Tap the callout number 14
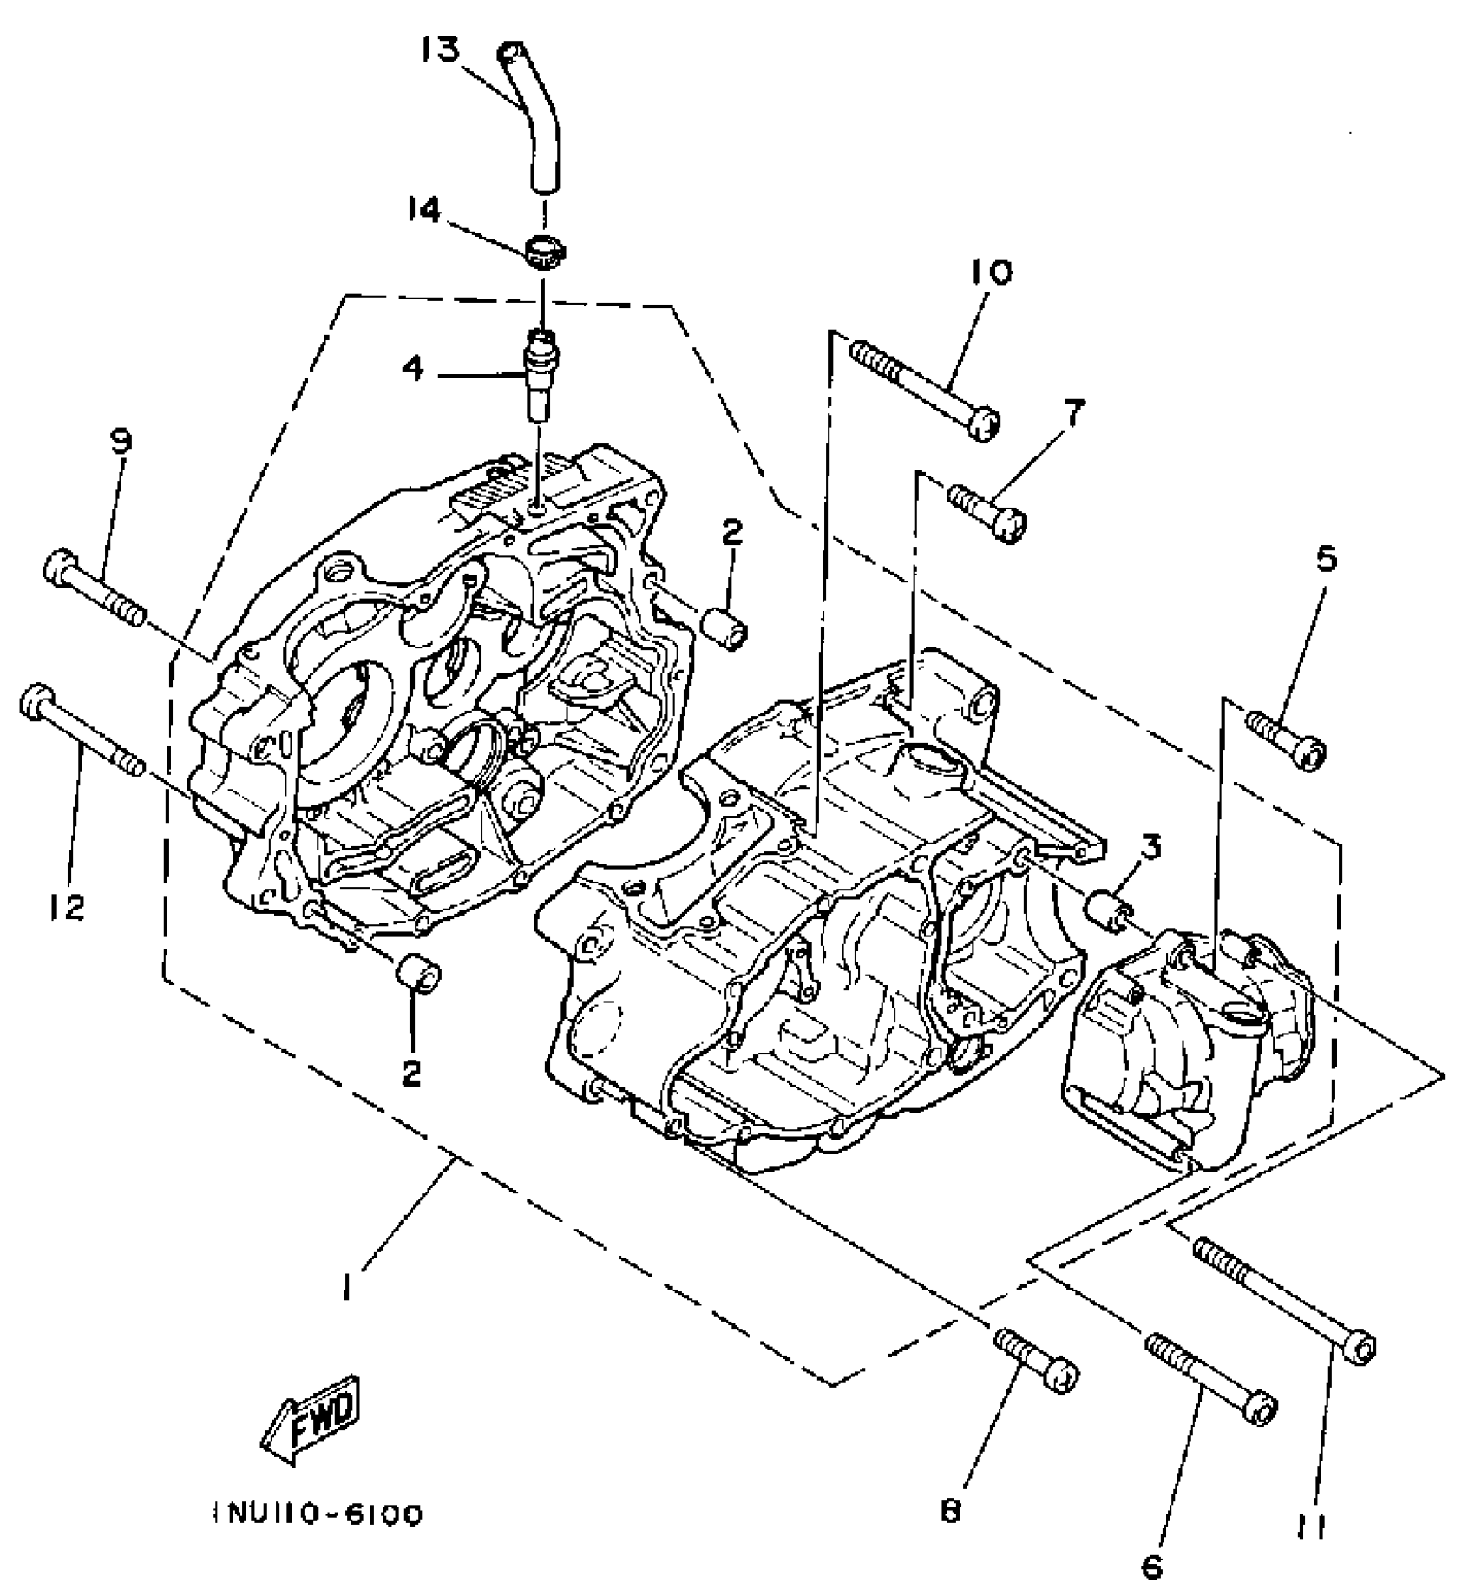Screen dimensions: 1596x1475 pyautogui.click(x=424, y=210)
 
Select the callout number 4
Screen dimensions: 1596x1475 pyautogui.click(x=413, y=369)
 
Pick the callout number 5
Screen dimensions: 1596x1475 pyautogui.click(x=1326, y=560)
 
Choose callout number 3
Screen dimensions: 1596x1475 pyautogui.click(x=1150, y=848)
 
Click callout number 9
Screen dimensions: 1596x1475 pyautogui.click(x=121, y=442)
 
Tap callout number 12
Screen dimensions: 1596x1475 pyautogui.click(x=68, y=908)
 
